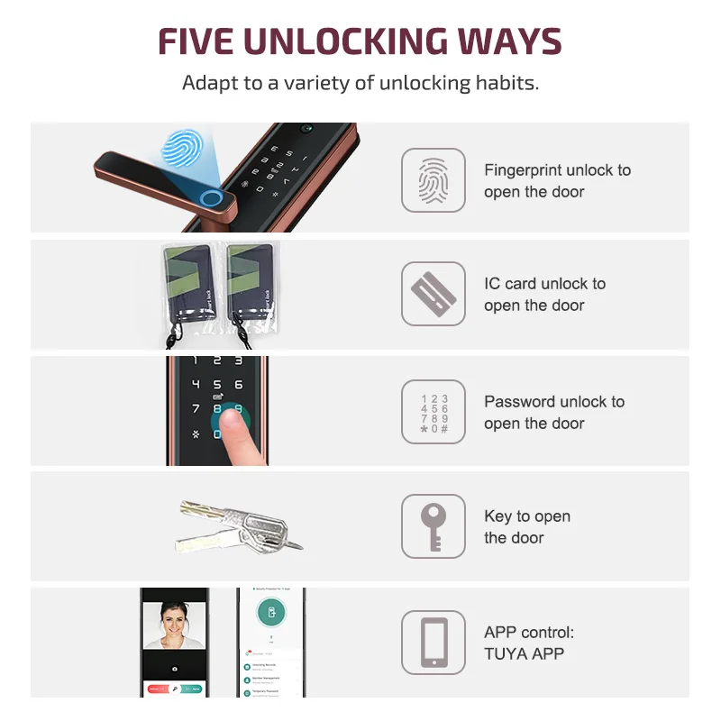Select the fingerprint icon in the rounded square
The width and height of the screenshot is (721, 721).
click(x=434, y=180)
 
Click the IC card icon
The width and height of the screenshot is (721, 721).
click(x=434, y=294)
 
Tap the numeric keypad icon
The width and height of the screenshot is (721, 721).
click(x=434, y=413)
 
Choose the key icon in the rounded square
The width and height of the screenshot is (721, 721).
click(x=434, y=526)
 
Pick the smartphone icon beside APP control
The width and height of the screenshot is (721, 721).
click(x=434, y=642)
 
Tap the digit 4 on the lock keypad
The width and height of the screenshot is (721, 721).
click(x=196, y=384)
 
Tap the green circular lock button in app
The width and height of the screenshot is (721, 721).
click(x=270, y=613)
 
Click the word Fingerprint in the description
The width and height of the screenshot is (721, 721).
click(x=523, y=170)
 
